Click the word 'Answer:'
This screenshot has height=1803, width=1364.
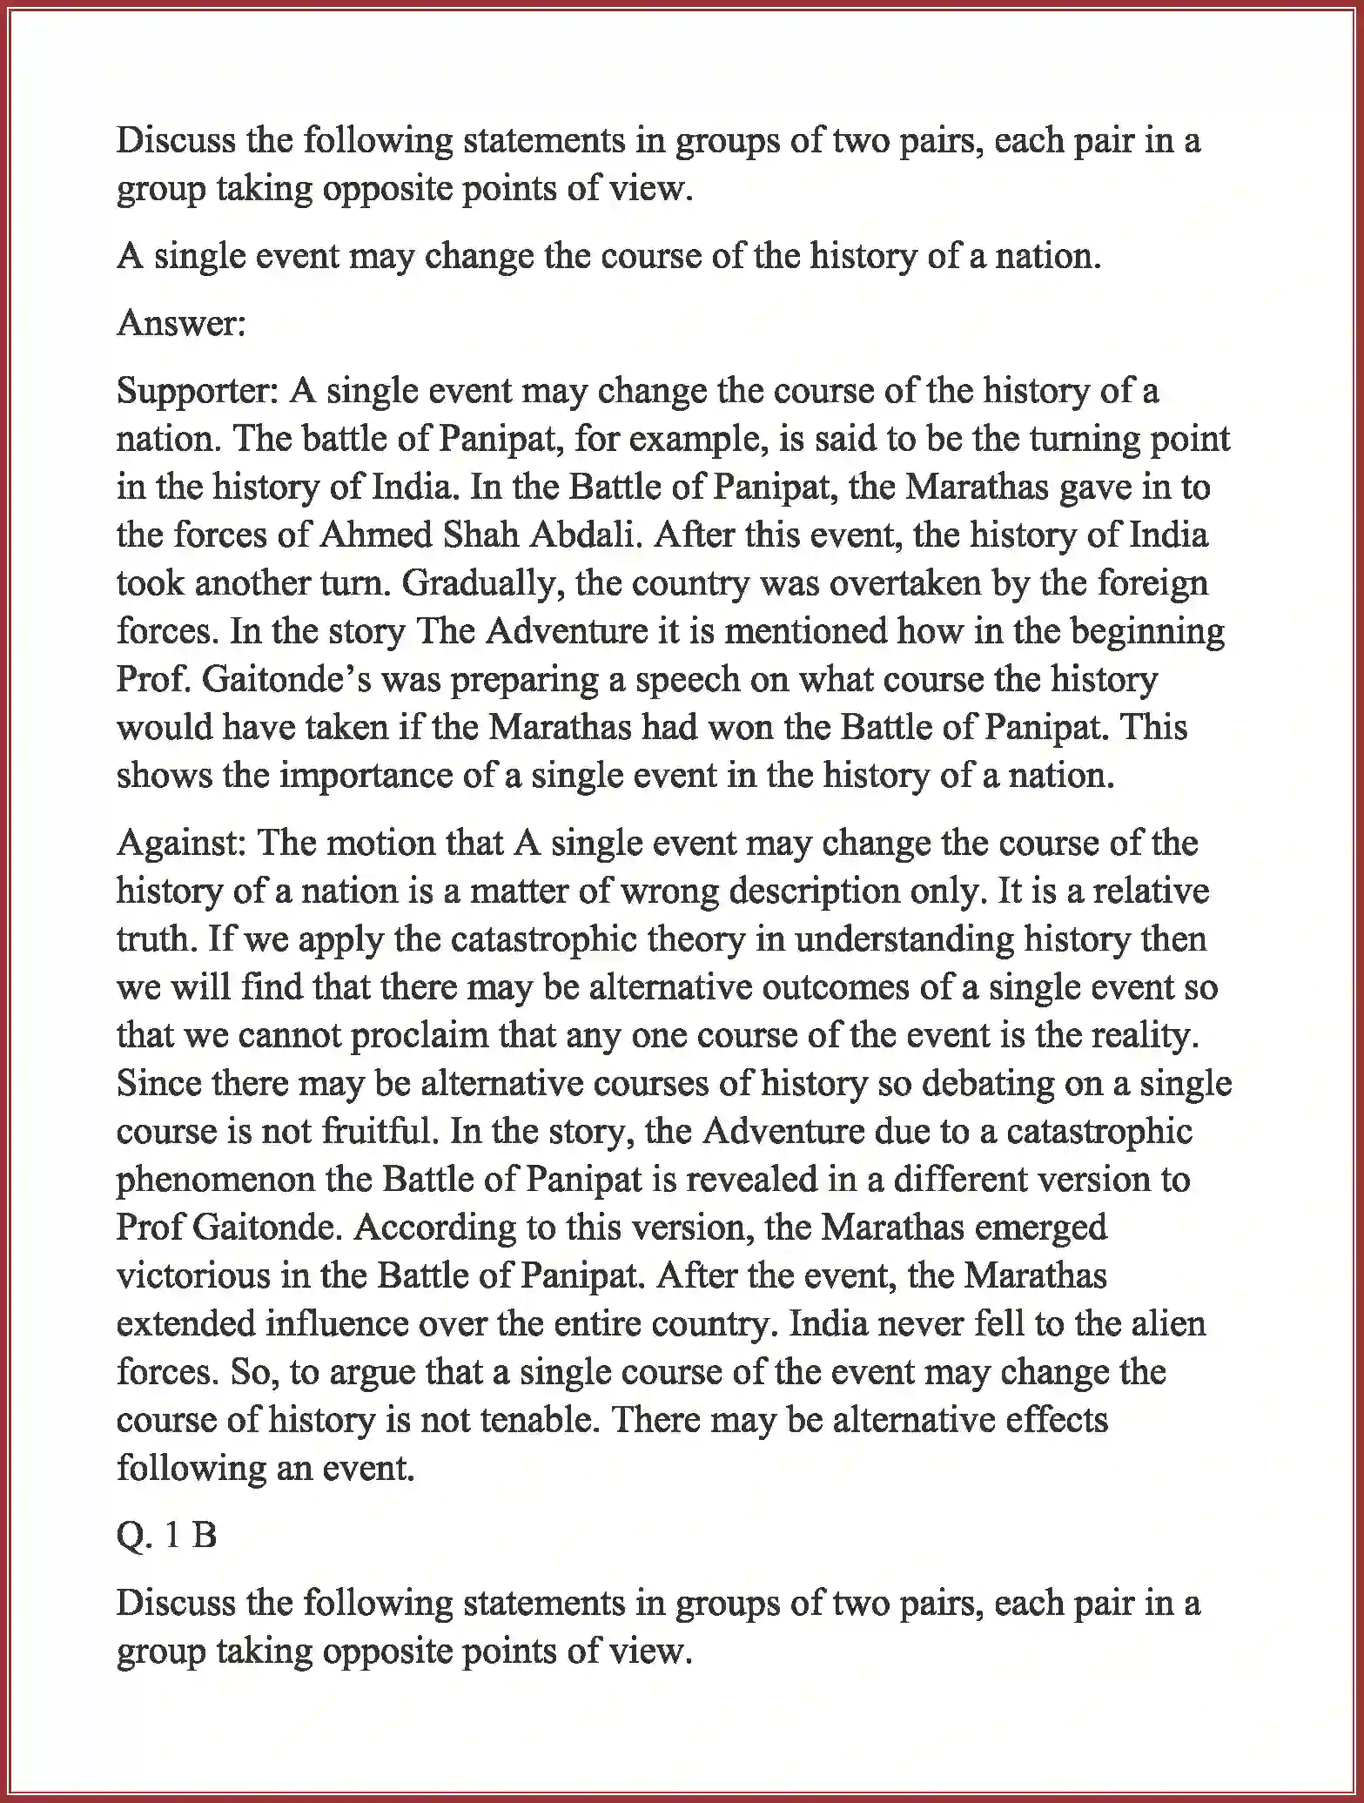pos(181,323)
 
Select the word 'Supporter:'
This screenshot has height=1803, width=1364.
pos(196,391)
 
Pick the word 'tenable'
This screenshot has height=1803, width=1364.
pos(531,1419)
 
